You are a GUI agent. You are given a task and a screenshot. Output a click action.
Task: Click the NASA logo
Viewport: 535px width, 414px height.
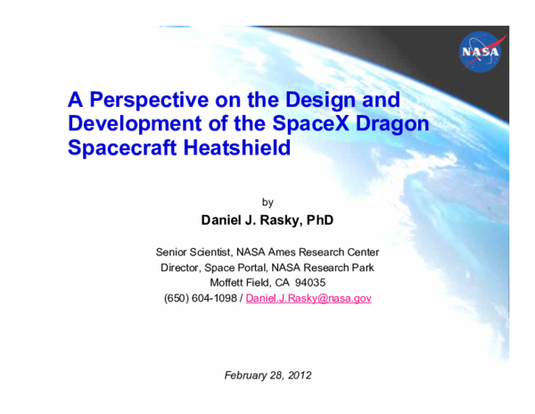(482, 55)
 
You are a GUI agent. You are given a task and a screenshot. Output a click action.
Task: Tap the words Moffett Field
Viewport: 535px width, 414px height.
(239, 282)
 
